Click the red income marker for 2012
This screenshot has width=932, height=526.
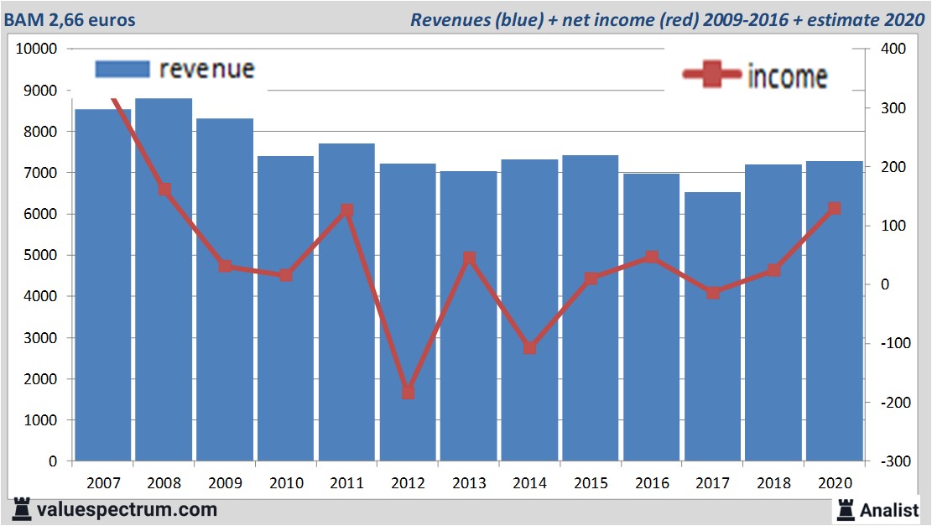tap(408, 392)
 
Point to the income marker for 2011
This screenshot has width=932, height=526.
tap(346, 211)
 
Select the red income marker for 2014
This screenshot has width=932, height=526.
tap(529, 347)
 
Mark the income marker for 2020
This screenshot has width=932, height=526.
tap(834, 208)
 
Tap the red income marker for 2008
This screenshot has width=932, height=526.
tap(164, 190)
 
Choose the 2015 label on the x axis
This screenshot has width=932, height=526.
tap(591, 483)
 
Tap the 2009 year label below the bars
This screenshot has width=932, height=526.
tap(225, 483)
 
